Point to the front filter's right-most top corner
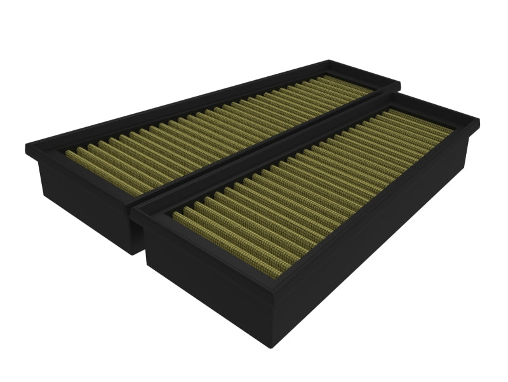coord(479,119)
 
